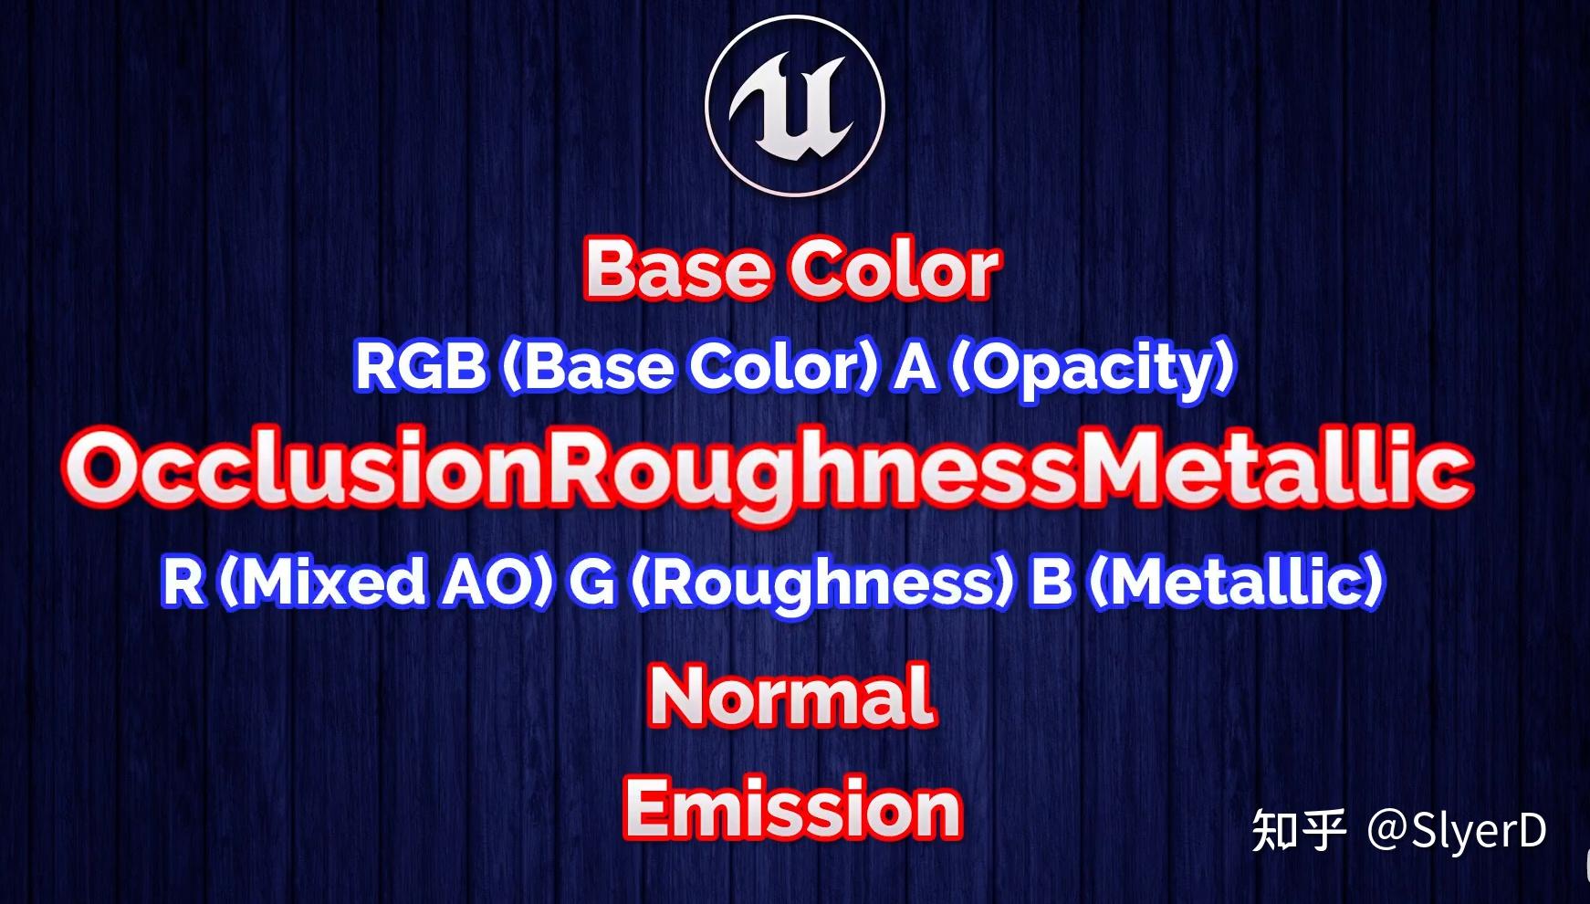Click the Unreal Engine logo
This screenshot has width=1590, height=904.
[795, 105]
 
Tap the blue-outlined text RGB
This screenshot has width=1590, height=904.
[420, 367]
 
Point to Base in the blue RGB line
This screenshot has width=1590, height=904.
[593, 367]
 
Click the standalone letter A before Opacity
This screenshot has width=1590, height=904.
[915, 367]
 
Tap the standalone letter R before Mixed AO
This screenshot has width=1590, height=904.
[183, 582]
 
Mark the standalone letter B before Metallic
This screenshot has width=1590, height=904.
[1051, 582]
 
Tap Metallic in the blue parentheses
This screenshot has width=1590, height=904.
[1236, 582]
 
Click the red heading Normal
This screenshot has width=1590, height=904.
[792, 696]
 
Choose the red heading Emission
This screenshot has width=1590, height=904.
[792, 809]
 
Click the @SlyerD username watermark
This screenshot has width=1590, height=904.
[1457, 831]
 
